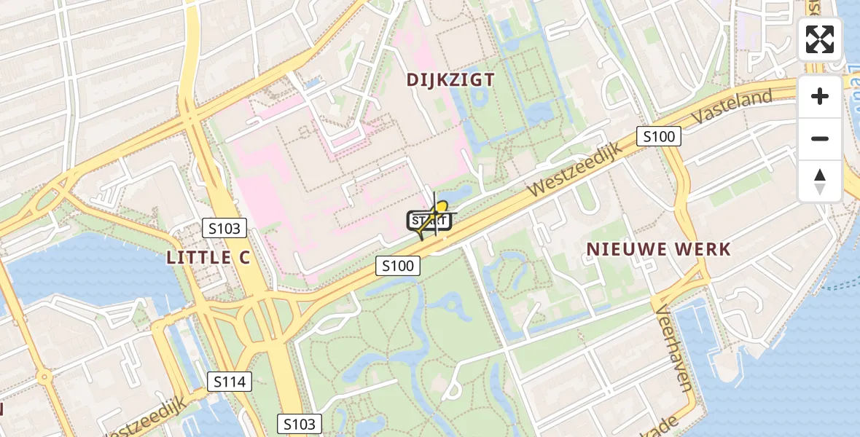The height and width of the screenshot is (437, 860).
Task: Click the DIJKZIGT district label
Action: (x=450, y=79)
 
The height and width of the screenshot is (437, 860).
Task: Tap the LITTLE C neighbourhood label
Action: (x=208, y=256)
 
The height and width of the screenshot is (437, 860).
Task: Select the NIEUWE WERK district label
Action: (x=659, y=249)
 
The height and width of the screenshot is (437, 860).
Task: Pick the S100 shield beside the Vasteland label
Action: (x=659, y=136)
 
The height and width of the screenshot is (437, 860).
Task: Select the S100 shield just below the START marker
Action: (x=399, y=266)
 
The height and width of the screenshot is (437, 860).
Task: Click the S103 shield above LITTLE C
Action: (x=224, y=229)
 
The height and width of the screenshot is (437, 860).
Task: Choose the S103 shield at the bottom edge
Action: (x=300, y=424)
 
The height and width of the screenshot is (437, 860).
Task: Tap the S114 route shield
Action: (x=230, y=381)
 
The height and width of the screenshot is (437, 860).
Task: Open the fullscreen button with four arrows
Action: (x=820, y=39)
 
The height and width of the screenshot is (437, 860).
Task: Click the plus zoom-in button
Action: (x=820, y=96)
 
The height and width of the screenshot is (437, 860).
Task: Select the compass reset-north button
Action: (x=820, y=181)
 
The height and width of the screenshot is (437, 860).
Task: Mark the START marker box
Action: (x=429, y=221)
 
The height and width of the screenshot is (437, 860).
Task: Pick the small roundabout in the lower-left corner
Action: (x=44, y=378)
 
